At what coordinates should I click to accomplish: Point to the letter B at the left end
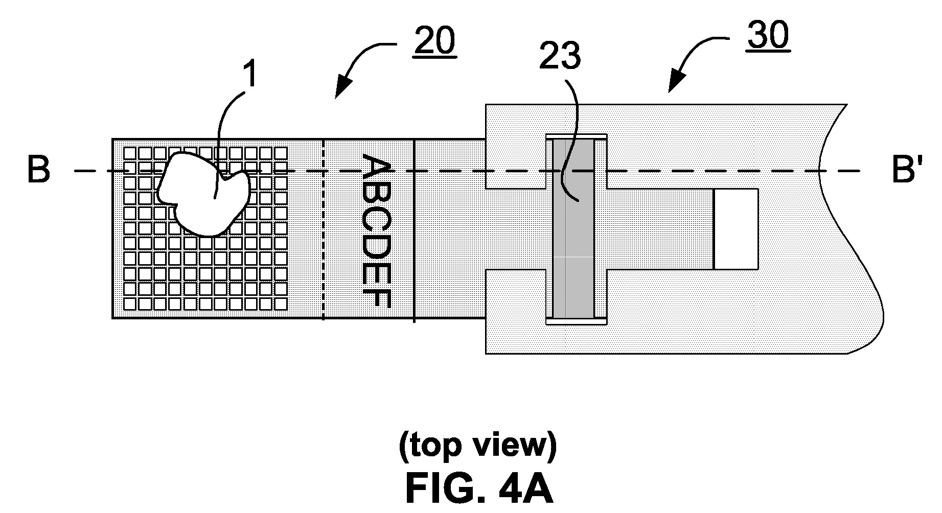(x=38, y=170)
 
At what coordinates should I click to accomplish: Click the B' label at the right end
(x=907, y=170)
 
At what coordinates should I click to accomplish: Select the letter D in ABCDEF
(x=377, y=242)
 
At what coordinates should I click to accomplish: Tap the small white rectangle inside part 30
(x=736, y=229)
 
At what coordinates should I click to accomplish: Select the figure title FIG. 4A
(x=479, y=488)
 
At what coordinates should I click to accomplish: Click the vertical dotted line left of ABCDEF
(x=324, y=229)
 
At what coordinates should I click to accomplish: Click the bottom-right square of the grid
(x=281, y=304)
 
